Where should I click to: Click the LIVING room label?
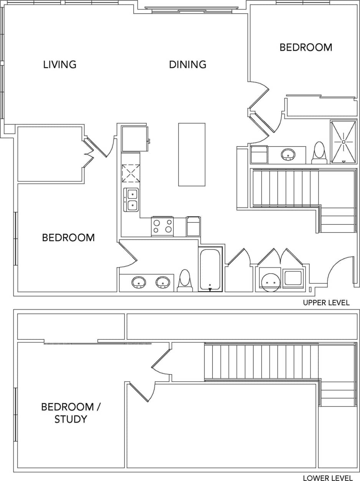tap(59, 64)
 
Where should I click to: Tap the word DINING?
tap(188, 64)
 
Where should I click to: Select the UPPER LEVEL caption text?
tap(326, 302)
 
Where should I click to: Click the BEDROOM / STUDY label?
tap(70, 413)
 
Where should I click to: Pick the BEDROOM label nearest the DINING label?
tap(306, 47)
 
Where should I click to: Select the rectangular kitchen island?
tap(192, 154)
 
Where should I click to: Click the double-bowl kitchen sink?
tap(131, 200)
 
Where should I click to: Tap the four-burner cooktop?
tap(162, 226)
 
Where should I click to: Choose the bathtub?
tap(210, 269)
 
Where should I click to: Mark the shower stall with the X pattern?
tap(343, 142)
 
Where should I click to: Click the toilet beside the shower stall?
tap(319, 152)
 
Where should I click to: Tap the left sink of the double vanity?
tap(139, 283)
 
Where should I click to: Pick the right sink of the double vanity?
tap(163, 283)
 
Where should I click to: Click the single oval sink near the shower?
tap(288, 155)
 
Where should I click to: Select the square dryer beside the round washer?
tap(293, 278)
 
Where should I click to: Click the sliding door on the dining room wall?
tap(192, 10)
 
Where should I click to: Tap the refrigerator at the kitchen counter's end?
tap(134, 139)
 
